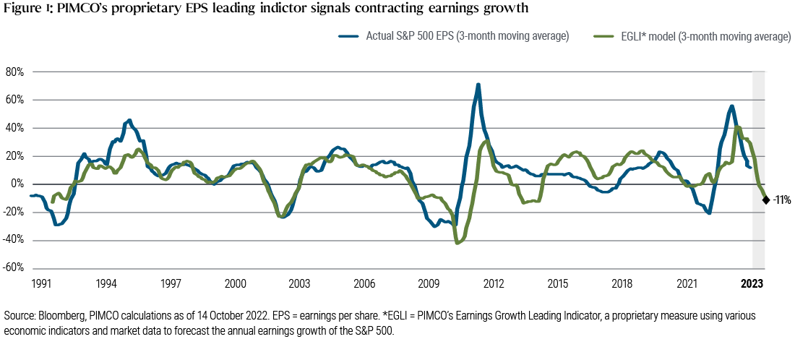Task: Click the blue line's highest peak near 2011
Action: click(478, 85)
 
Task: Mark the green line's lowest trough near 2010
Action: click(457, 243)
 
